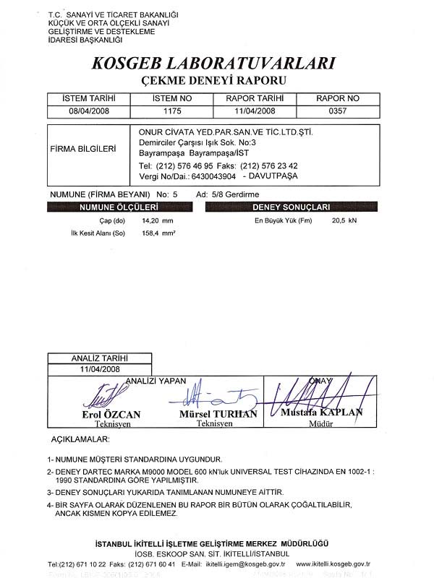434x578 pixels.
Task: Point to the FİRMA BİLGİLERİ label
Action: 83,150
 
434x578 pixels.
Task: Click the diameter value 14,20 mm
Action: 158,220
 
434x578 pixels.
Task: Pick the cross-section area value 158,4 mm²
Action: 158,233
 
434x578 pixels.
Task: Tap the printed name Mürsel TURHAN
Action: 218,414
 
